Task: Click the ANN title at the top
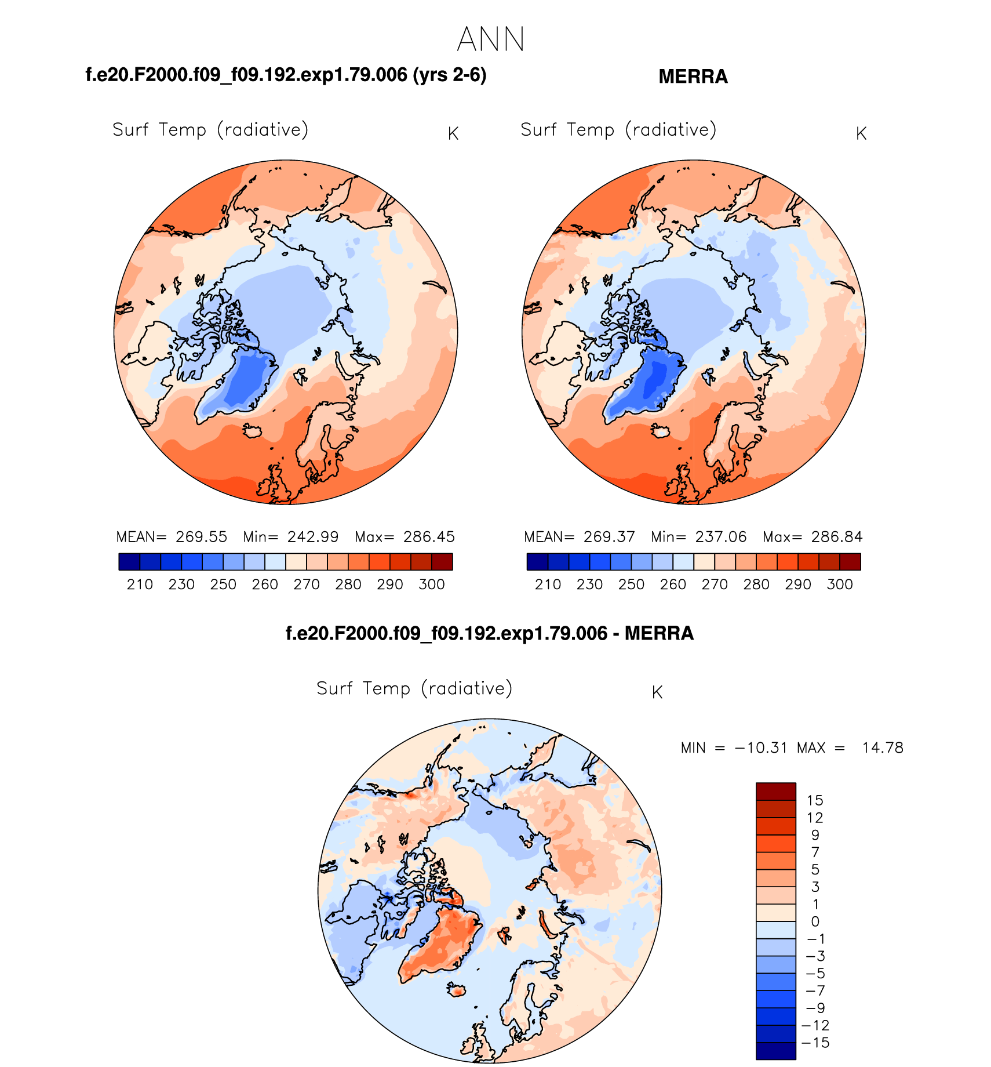pyautogui.click(x=490, y=39)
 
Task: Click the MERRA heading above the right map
pyautogui.click(x=693, y=77)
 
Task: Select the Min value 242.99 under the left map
pyautogui.click(x=313, y=537)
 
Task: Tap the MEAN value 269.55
pyautogui.click(x=202, y=537)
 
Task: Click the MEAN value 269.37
pyautogui.click(x=609, y=537)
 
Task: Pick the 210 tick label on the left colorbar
pyautogui.click(x=140, y=585)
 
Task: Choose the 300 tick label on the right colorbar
pyautogui.click(x=840, y=585)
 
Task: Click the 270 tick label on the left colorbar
pyautogui.click(x=307, y=585)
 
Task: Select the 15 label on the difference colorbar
pyautogui.click(x=815, y=801)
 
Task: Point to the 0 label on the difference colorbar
pyautogui.click(x=815, y=921)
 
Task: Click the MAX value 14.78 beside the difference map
pyautogui.click(x=882, y=748)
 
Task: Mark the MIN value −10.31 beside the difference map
pyautogui.click(x=761, y=748)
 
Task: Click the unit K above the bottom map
pyautogui.click(x=657, y=692)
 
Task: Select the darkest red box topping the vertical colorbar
pyautogui.click(x=775, y=791)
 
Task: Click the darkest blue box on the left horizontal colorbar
pyautogui.click(x=129, y=562)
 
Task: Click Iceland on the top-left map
pyautogui.click(x=253, y=431)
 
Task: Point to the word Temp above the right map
pyautogui.click(x=591, y=130)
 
